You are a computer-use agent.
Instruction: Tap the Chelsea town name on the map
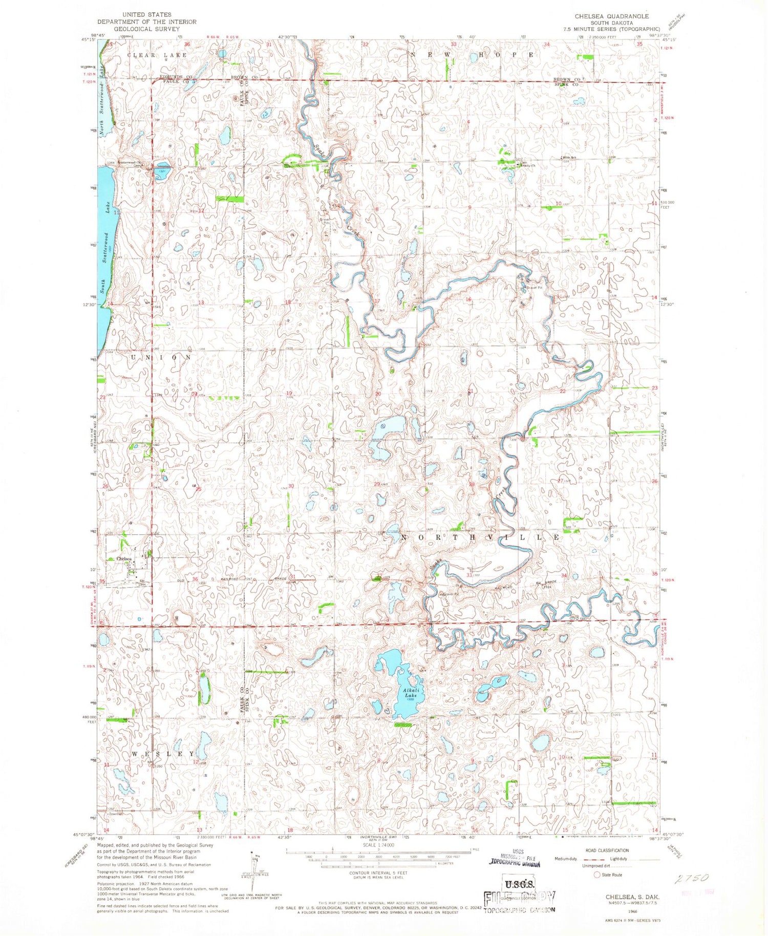click(124, 559)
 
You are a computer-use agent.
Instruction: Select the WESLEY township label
click(163, 754)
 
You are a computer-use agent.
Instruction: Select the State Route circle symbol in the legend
click(596, 875)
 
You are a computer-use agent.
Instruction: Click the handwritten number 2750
click(691, 878)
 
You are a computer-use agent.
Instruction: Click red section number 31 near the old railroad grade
click(292, 577)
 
